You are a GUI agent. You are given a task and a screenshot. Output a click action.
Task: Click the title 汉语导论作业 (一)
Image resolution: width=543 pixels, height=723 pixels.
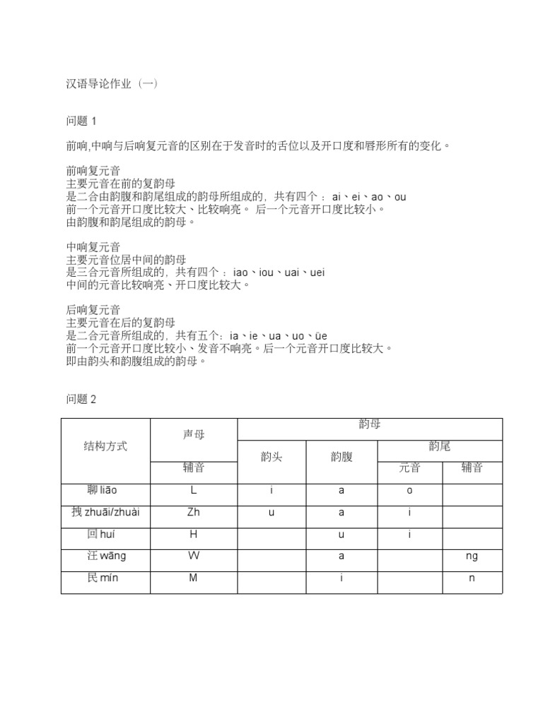[112, 83]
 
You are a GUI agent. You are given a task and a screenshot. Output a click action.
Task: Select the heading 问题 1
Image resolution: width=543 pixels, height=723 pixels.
[81, 121]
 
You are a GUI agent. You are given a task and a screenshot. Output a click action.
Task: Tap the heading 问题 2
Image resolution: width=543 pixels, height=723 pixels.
[81, 399]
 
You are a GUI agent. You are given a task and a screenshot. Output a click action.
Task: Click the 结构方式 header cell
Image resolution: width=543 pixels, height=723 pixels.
[106, 446]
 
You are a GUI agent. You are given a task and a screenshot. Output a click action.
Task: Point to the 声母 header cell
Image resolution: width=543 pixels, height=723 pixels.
[194, 435]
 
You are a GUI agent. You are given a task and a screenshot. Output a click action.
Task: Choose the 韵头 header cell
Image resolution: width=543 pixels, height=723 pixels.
[271, 457]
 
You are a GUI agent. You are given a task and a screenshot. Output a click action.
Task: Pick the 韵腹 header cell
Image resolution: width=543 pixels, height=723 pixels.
[341, 457]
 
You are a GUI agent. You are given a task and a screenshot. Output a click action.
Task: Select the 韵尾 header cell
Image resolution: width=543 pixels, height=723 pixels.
[440, 446]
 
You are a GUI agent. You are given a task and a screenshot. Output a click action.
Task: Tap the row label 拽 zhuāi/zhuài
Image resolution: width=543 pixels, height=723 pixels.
[106, 513]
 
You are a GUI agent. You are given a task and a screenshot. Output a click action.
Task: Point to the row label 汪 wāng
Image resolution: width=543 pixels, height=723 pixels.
[106, 556]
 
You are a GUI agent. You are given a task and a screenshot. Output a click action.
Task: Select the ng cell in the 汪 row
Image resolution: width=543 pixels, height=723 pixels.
[472, 556]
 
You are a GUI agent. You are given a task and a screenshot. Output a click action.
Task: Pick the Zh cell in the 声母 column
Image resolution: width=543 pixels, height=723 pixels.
[194, 513]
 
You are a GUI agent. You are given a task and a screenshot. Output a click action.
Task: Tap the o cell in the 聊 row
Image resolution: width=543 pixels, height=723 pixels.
[409, 491]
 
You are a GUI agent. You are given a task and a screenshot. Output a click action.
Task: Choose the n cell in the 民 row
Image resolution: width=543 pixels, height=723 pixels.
[472, 578]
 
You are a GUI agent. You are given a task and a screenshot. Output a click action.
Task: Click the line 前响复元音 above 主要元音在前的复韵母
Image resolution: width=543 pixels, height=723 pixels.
[93, 171]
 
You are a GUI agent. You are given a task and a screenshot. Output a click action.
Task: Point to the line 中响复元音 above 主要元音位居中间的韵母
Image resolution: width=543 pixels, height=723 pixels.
[93, 247]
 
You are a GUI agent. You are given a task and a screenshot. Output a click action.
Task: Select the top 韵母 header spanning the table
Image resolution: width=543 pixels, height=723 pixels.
[370, 424]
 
